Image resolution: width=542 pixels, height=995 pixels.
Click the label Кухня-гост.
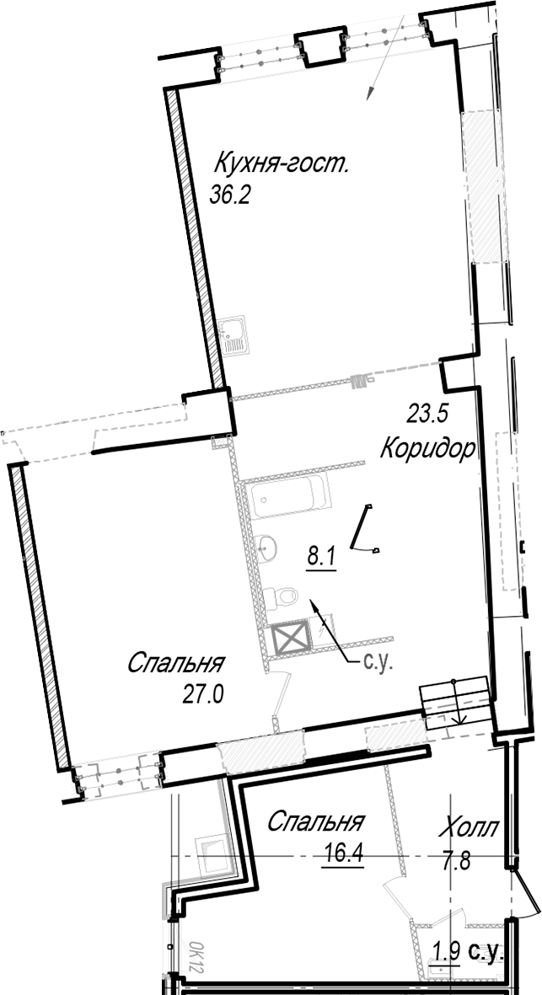[x=282, y=165]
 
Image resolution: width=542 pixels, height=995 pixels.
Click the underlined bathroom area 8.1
[x=321, y=559]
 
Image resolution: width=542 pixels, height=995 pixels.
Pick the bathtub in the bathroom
[x=288, y=499]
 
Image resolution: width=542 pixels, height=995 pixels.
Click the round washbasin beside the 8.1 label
[x=268, y=547]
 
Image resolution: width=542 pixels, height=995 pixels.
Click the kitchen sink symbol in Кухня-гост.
[x=235, y=335]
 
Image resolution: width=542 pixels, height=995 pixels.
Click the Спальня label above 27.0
[x=176, y=664]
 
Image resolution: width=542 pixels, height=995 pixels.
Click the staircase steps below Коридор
[x=455, y=701]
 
